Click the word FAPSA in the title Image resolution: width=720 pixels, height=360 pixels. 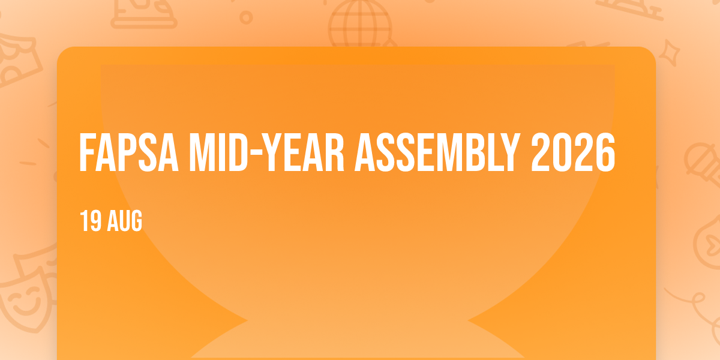point(128,152)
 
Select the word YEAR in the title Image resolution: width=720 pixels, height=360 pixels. point(305,152)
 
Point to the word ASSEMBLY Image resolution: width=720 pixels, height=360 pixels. point(437,152)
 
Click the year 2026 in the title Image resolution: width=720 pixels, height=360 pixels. point(573,152)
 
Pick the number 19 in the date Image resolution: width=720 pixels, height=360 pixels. point(91,221)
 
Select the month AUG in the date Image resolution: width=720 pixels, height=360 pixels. point(125,221)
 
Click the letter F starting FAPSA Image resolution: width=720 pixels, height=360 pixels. point(88,152)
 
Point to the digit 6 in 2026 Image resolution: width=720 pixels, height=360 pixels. point(605,152)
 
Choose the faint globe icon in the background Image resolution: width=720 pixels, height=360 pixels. point(361,24)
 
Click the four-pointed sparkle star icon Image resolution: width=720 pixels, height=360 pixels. point(670,53)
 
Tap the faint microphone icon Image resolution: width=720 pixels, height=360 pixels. point(703,164)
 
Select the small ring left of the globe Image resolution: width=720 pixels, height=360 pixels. point(246,17)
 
